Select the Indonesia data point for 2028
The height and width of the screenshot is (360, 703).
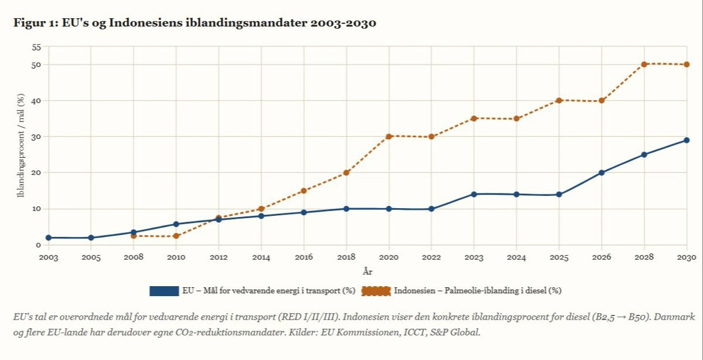[x=644, y=64]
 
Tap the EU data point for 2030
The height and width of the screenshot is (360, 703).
[x=687, y=140]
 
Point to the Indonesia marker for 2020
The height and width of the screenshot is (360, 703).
[x=389, y=136]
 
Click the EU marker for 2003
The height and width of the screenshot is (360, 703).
[x=48, y=237]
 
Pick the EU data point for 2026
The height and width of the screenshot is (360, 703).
[x=602, y=172]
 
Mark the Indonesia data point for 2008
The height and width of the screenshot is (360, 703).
[x=134, y=236]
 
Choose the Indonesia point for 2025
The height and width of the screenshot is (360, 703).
[x=559, y=100]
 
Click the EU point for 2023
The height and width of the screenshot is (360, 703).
[x=474, y=194]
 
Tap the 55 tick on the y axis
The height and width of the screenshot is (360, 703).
[x=36, y=46]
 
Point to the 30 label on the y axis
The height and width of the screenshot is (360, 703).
[x=36, y=137]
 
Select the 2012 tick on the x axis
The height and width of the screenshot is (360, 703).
[x=219, y=257]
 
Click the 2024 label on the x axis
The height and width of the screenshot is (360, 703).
[x=517, y=257]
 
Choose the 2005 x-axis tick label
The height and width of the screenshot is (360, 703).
[x=91, y=257]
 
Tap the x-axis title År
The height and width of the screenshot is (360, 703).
[x=368, y=271]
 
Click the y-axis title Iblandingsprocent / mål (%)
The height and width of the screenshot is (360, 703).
[x=21, y=145]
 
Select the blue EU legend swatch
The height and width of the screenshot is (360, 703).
[x=164, y=291]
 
